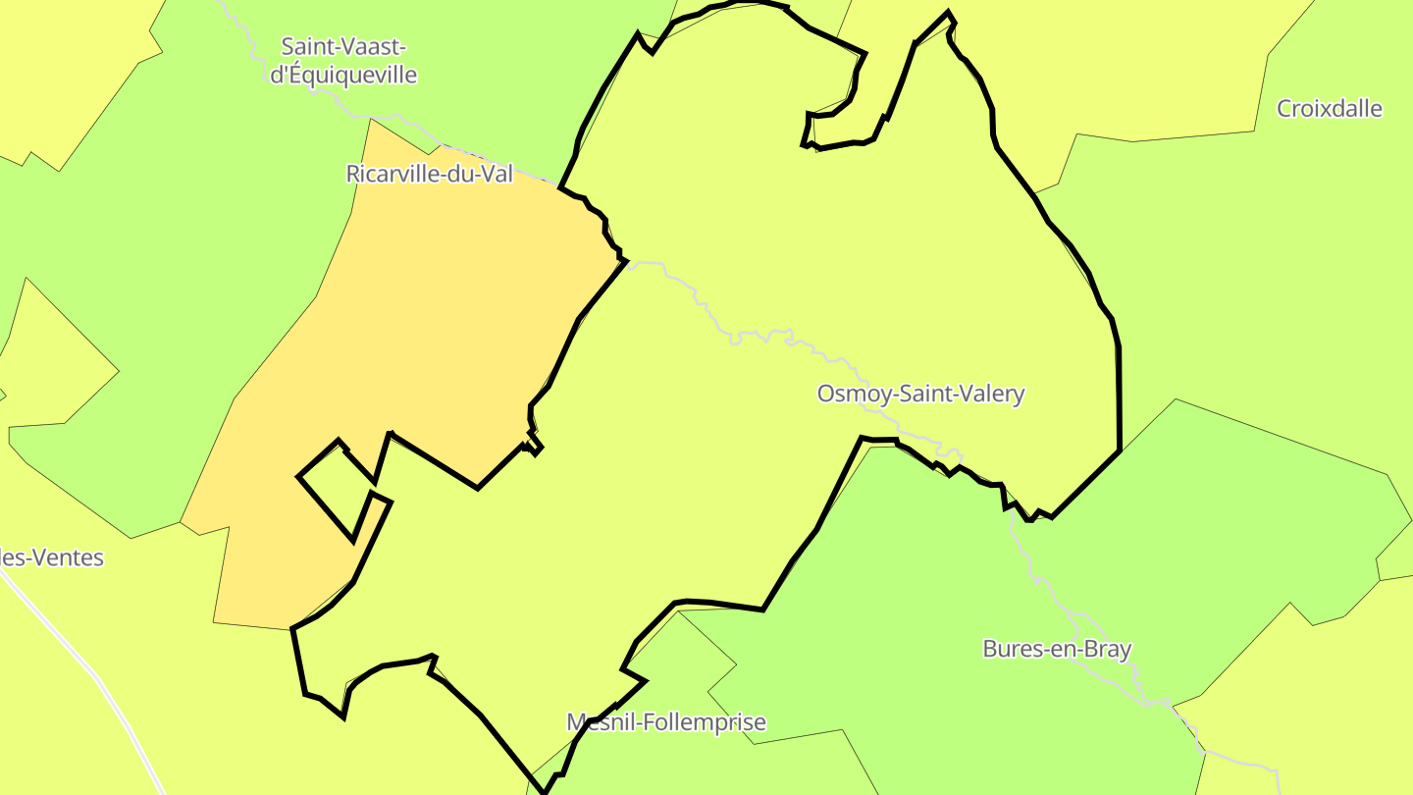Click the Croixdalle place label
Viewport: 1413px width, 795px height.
tap(1329, 109)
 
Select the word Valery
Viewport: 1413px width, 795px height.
tap(992, 395)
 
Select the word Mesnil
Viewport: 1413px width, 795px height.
tap(598, 723)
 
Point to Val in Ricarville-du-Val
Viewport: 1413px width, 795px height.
tap(495, 175)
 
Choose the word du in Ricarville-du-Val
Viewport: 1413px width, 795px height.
tap(457, 175)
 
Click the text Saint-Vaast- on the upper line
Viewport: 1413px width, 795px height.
tap(343, 46)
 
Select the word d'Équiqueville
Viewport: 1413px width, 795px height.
tap(343, 75)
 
